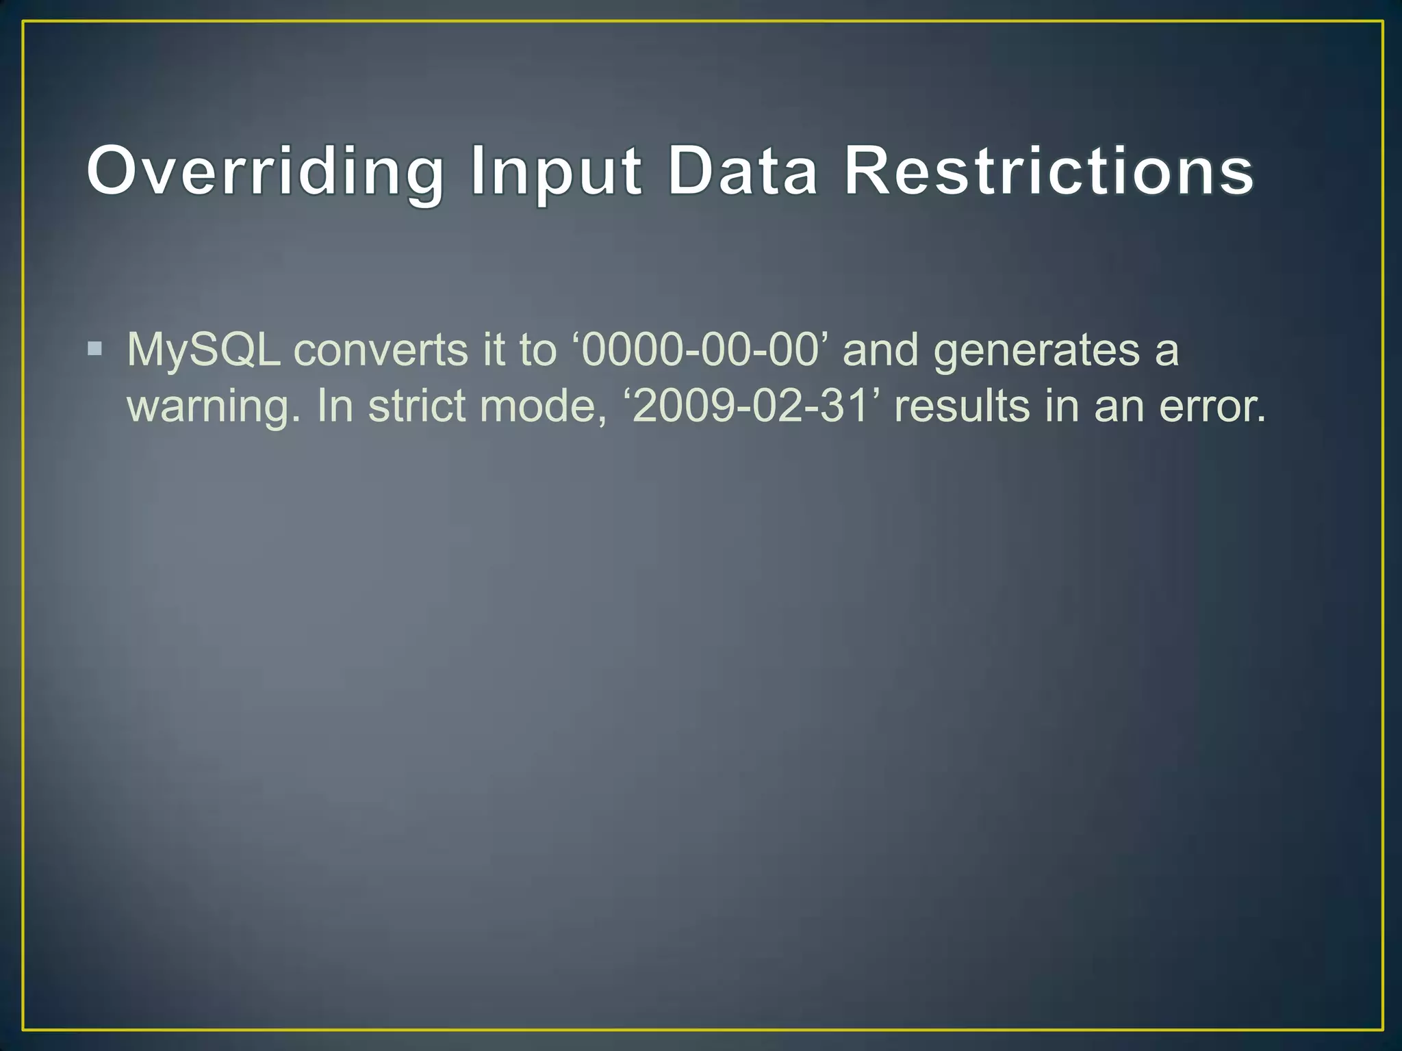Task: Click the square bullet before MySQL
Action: [95, 350]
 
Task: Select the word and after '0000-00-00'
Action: [880, 350]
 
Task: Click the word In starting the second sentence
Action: [335, 406]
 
